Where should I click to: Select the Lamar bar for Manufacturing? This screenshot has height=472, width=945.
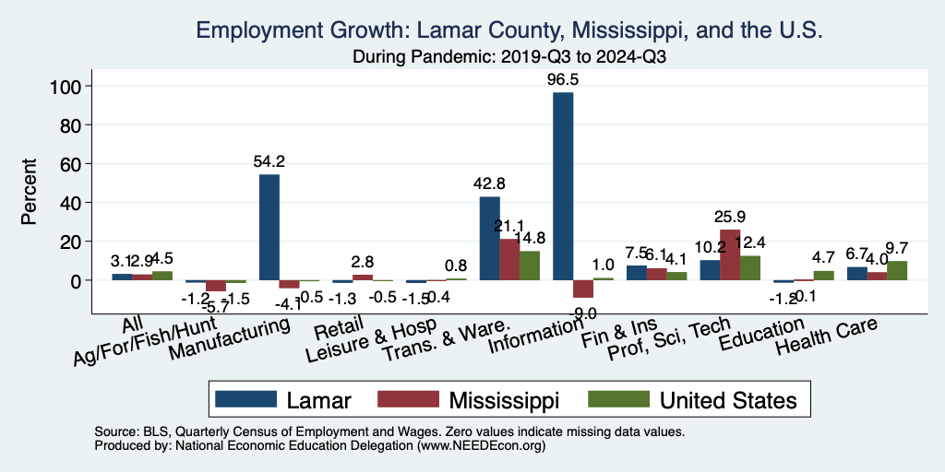(269, 227)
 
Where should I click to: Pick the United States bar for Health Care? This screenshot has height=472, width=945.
(897, 270)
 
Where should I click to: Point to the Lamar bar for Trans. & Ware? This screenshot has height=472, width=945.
(489, 238)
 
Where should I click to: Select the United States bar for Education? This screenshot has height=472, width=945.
(824, 275)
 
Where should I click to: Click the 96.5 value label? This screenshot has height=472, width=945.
(564, 79)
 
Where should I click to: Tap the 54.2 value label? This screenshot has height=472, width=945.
(269, 161)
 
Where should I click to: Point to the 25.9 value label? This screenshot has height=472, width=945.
(730, 217)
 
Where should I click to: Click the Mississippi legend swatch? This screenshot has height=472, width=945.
(407, 400)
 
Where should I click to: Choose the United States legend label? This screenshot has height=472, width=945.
(728, 400)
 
